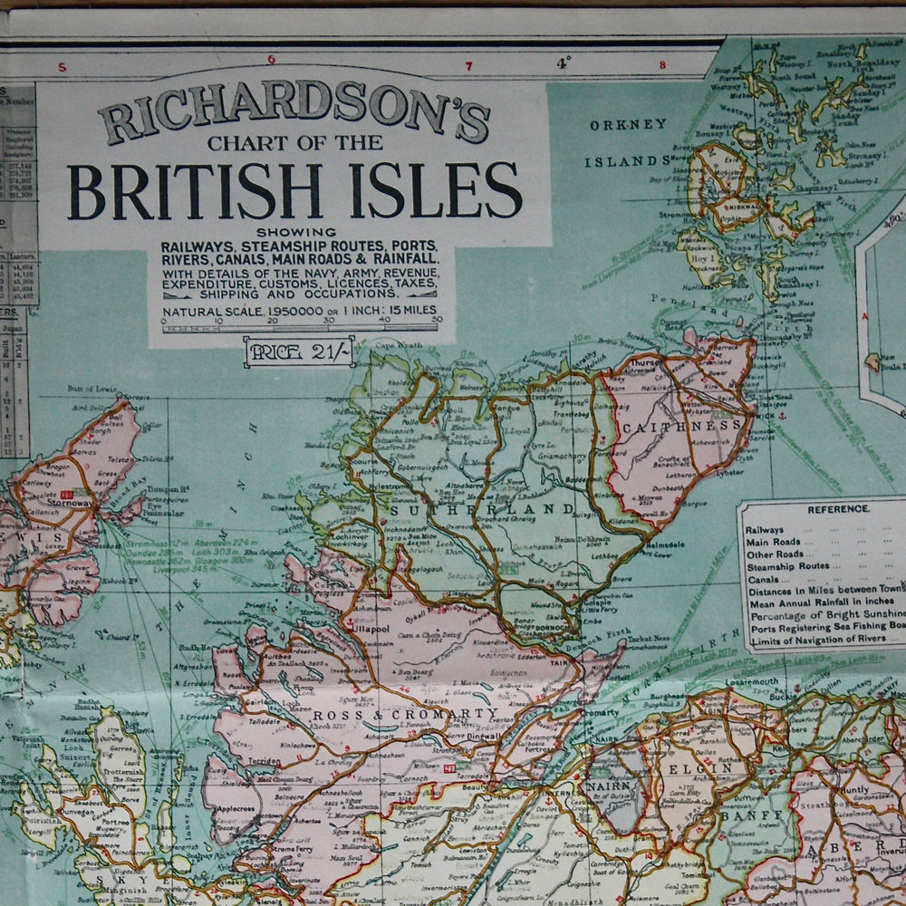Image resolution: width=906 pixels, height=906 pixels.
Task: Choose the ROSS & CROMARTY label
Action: [405, 715]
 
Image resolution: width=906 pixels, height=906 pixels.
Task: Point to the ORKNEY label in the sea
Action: [628, 125]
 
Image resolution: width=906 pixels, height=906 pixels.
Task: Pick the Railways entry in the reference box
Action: [766, 530]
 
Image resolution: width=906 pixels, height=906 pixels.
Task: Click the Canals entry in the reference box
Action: [762, 579]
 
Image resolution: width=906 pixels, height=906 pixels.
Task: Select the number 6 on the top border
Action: [271, 60]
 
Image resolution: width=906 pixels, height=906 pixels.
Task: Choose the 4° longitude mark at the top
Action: [564, 63]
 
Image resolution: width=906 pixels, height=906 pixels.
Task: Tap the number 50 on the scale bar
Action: [438, 320]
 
